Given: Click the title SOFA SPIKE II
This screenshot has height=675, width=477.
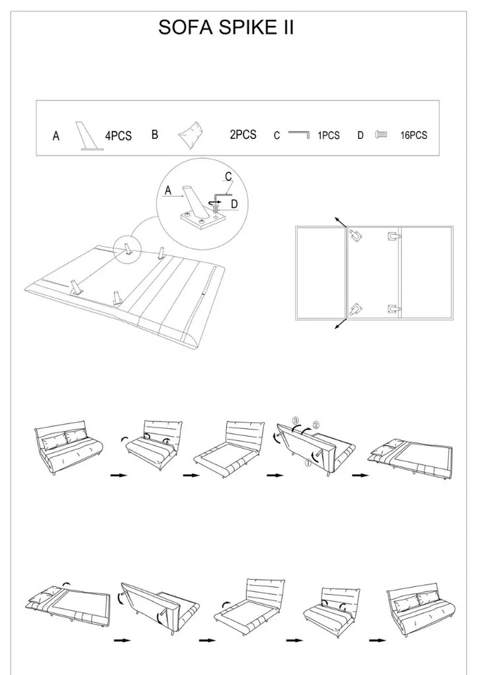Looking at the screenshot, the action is point(226,27).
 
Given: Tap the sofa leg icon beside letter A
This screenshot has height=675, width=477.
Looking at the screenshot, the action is point(90,136).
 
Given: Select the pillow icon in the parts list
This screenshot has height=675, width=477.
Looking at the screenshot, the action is point(191,135).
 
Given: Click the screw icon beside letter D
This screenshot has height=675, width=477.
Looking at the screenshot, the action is point(381,135).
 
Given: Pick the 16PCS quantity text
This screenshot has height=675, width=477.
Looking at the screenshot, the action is point(413,135).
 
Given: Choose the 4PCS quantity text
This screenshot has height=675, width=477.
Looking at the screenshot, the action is point(118,136).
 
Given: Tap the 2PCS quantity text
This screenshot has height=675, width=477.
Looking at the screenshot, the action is point(243,135).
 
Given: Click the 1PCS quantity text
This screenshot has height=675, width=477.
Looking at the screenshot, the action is point(329,135).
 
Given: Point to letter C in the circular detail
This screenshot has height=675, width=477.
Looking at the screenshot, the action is point(228,177).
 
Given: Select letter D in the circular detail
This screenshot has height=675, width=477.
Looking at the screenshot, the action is point(234,204).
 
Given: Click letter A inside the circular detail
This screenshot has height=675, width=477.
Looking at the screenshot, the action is point(168,191).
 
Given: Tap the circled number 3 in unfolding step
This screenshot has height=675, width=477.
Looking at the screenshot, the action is point(295,420).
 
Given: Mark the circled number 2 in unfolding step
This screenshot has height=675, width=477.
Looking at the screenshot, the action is point(316,425).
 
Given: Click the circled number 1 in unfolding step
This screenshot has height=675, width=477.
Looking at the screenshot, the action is point(308,463).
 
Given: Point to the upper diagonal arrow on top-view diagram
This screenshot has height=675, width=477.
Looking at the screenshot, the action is point(341,222).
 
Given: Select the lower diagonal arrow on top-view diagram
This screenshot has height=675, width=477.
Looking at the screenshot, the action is point(341,324).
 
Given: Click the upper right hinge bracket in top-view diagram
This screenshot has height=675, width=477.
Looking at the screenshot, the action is point(394,236).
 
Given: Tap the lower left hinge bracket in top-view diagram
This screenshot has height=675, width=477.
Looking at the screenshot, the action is point(356,308).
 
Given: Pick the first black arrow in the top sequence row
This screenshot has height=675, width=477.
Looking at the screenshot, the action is point(119,475).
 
